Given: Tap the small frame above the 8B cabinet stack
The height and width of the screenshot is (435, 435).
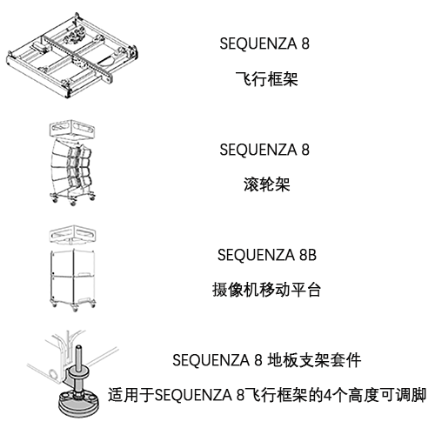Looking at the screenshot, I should [71, 235].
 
